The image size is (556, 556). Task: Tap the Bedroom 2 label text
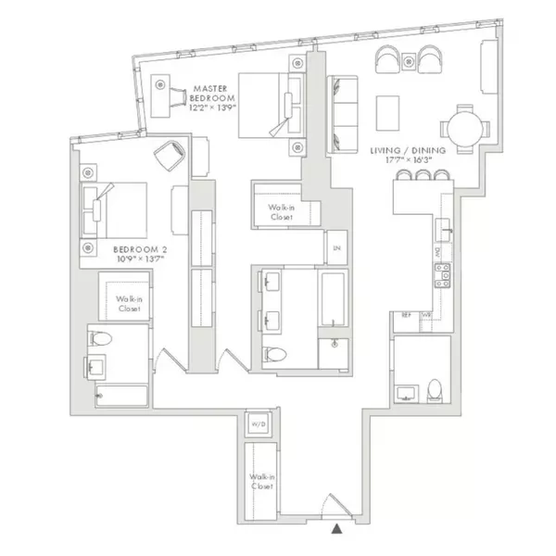[x=140, y=253]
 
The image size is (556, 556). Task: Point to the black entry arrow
[x=336, y=528]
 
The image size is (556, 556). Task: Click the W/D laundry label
[x=259, y=425]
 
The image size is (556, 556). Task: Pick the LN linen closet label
[x=336, y=248]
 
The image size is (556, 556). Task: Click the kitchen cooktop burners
[x=443, y=272]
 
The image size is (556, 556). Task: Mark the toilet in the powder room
[x=435, y=389]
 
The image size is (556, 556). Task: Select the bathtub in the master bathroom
[x=334, y=301]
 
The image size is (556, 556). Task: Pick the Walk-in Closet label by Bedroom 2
[x=128, y=302]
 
